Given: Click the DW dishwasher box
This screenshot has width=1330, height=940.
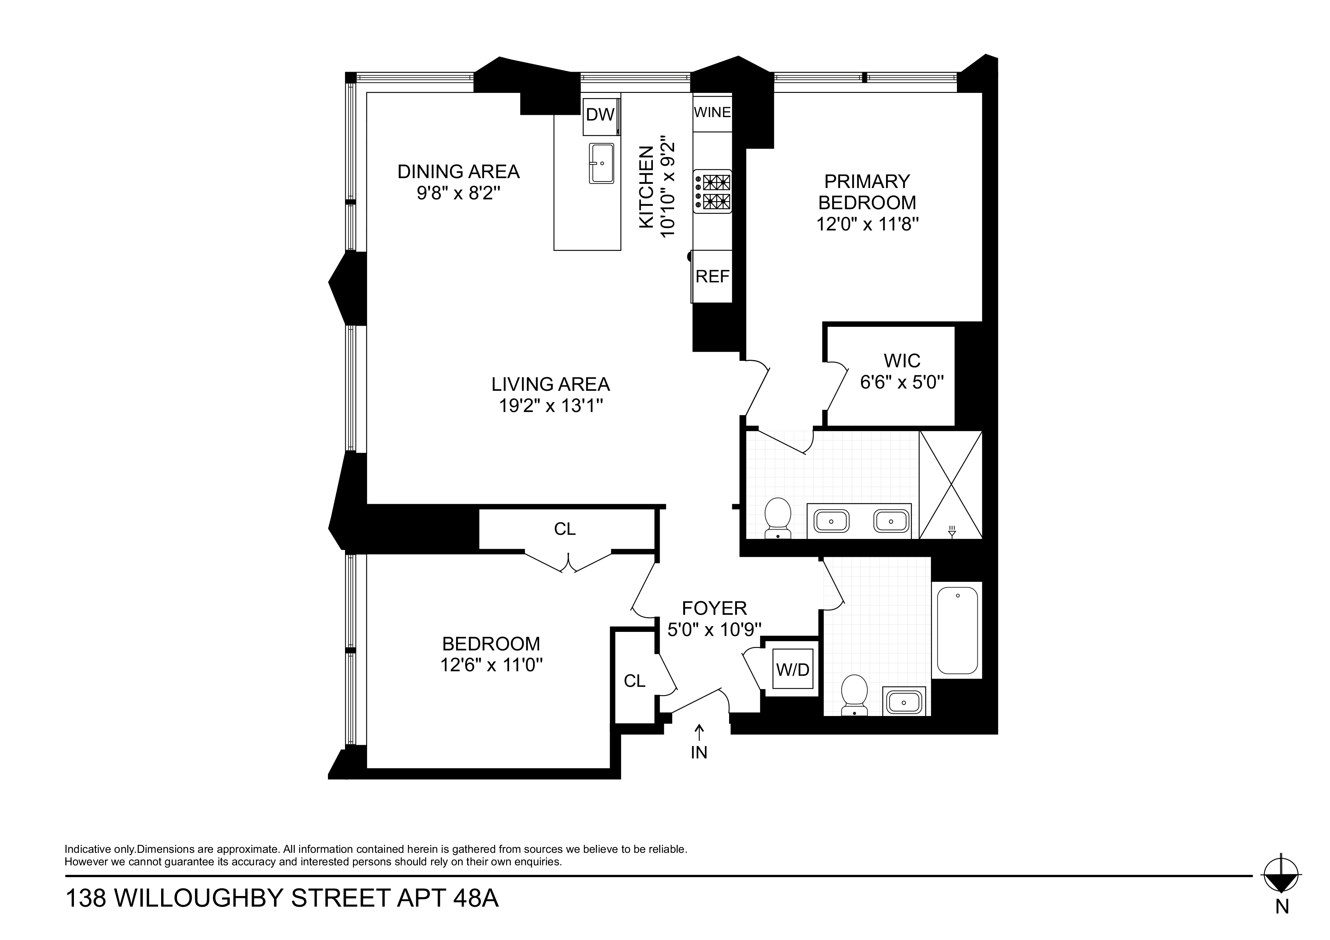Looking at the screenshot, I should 600,115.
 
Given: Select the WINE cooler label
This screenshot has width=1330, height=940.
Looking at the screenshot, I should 712,112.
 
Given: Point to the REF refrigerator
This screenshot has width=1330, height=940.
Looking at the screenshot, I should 712,276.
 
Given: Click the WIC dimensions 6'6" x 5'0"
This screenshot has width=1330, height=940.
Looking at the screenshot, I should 902,382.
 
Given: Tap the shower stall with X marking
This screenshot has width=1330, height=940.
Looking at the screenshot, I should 950,485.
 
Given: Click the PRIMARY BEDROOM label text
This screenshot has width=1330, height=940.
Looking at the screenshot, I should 867,192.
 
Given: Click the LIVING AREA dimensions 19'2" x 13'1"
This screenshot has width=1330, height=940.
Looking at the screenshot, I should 551,406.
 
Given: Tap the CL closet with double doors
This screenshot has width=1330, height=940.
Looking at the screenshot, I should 565,529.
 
